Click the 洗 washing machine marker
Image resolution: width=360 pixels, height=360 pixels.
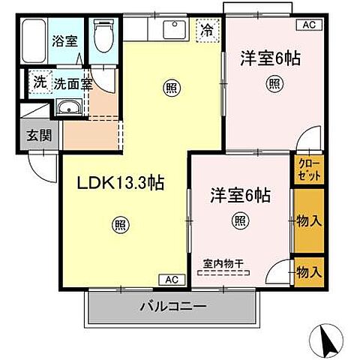tap(37, 82)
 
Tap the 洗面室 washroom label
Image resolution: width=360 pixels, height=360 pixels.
tap(72, 83)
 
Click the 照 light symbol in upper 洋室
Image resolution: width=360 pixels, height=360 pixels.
tap(275, 83)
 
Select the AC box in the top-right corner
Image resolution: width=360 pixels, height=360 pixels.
tap(309, 25)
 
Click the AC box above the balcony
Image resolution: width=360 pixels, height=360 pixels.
tap(171, 280)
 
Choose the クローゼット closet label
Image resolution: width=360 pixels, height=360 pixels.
tap(307, 169)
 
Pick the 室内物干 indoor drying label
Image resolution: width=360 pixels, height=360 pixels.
tap(227, 263)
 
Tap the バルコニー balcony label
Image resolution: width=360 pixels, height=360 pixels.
tap(172, 306)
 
